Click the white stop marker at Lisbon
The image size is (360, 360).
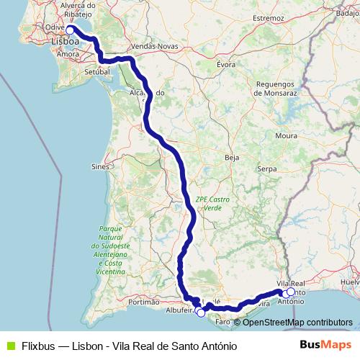[x=71, y=30]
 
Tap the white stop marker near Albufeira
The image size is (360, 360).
[x=201, y=312]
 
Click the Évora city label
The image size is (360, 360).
[x=226, y=63]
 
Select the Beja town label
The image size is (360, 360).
[x=232, y=156]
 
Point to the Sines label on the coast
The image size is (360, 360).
[x=100, y=166]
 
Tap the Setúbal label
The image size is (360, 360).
[x=96, y=73]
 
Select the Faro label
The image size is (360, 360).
[x=221, y=322]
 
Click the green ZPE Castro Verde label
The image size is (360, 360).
[x=209, y=202]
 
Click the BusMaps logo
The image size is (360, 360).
[x=325, y=345]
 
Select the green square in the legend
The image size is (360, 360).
[x=9, y=345]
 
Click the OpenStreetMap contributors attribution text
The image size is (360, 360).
[x=298, y=322]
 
